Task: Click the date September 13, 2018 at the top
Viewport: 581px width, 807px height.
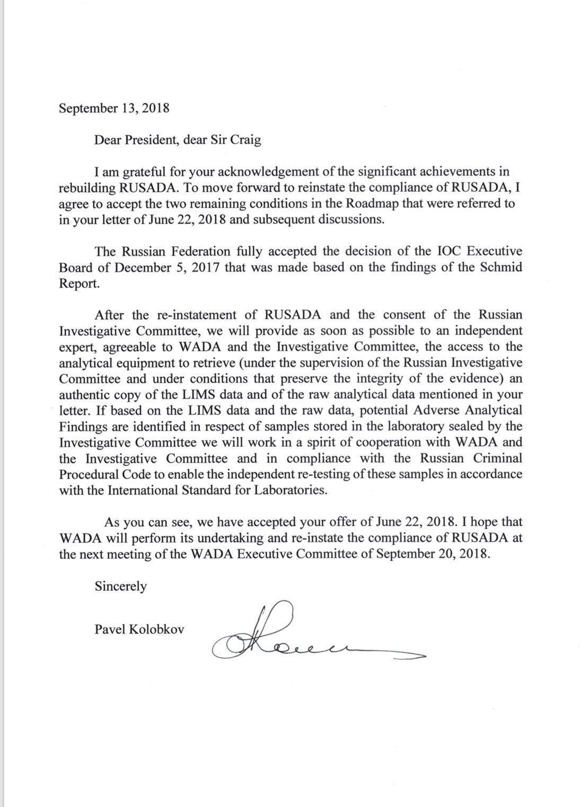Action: (x=114, y=108)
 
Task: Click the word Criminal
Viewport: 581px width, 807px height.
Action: (x=495, y=458)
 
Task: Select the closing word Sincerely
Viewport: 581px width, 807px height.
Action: (x=120, y=586)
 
